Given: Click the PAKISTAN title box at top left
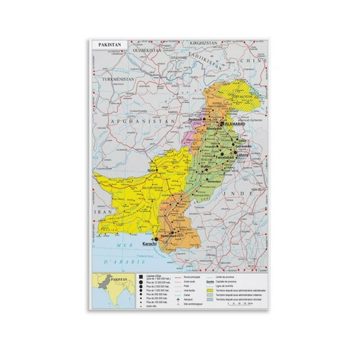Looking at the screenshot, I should point(109,45).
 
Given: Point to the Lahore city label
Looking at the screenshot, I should point(240,155).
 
